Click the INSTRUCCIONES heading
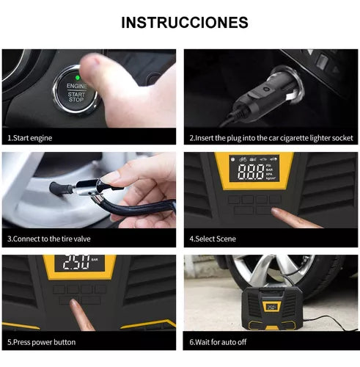pos(185,23)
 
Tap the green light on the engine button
pos(78,78)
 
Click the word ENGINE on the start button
pos(76,86)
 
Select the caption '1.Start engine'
pos(30,138)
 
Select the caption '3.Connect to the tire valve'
pos(49,239)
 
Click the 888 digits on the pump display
pos(251,172)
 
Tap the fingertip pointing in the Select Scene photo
pos(276,211)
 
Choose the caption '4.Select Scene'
pos(213,239)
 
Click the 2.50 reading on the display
pos(76,262)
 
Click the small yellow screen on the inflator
pos(272,307)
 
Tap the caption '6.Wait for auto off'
pos(218,342)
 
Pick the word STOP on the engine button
pos(76,100)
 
